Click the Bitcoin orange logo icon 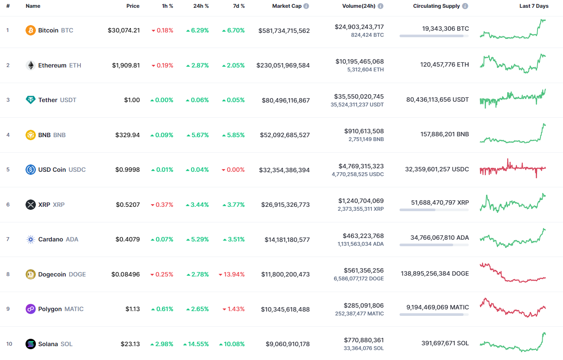(x=31, y=30)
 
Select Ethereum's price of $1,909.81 (x=126, y=65)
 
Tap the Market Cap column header (x=287, y=6)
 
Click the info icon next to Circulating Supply (x=465, y=6)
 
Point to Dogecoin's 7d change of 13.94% (x=234, y=274)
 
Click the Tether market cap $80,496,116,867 (x=285, y=100)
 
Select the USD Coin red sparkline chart (x=513, y=168)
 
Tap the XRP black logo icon (x=31, y=205)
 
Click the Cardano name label (x=51, y=239)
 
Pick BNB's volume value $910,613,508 (x=364, y=131)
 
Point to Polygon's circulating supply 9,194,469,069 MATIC (x=438, y=307)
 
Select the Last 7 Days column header (x=534, y=6)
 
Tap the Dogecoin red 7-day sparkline (x=513, y=273)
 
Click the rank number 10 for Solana (x=9, y=344)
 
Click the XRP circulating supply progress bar (x=434, y=210)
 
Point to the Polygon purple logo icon (x=31, y=309)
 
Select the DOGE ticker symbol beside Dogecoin (x=77, y=274)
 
